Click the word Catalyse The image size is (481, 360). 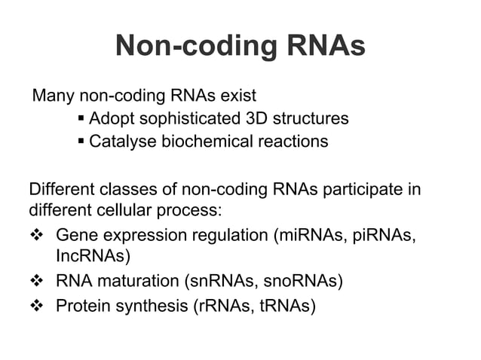click(x=121, y=141)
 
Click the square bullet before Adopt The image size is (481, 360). click(x=81, y=119)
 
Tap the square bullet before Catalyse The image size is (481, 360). click(x=81, y=142)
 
